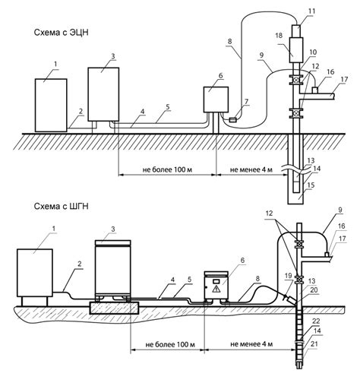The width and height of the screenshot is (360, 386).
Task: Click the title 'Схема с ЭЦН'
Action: coord(62,33)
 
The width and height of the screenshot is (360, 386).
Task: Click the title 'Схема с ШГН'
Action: coord(62,207)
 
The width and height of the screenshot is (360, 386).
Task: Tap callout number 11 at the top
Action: coord(312,11)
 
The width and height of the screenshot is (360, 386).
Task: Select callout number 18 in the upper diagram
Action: coord(279,35)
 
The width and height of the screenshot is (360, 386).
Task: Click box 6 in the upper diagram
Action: coord(216,100)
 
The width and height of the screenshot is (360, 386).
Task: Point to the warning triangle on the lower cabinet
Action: coord(216,289)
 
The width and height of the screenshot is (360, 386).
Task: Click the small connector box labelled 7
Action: coord(232,120)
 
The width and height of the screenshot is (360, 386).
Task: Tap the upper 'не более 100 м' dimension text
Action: coord(167,169)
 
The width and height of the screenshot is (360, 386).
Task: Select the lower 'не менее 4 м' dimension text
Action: coord(251,344)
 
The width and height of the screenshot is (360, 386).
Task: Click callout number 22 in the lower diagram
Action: coord(316,321)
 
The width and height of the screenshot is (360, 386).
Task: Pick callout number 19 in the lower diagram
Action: coord(289,276)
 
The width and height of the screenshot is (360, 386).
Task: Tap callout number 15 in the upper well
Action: coord(311,185)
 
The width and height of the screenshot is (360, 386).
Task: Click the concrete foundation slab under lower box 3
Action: coord(114,308)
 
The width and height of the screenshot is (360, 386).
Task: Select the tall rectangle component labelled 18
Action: coord(296,50)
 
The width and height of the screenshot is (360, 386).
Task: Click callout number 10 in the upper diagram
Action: coord(313,52)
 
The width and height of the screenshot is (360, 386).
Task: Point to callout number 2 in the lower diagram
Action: coord(80,264)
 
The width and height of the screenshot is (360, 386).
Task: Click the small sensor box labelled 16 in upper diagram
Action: coord(315,90)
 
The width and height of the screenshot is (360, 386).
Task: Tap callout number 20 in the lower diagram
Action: coord(314,289)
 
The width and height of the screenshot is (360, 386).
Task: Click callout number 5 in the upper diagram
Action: coord(168,107)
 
